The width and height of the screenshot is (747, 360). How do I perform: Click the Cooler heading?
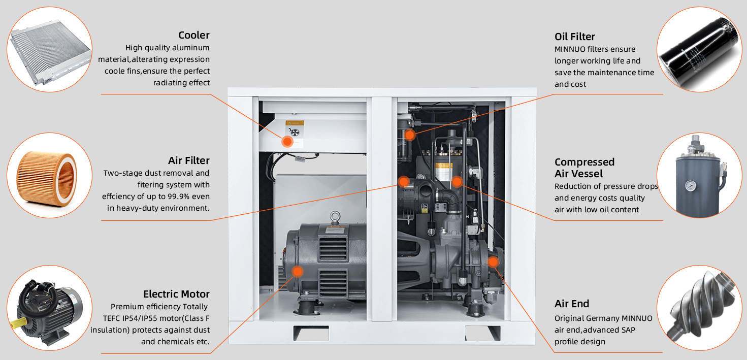(193, 35)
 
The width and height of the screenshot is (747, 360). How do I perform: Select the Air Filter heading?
(188, 160)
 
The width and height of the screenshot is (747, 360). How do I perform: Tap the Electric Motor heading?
(176, 294)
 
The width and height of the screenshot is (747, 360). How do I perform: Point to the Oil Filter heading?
(574, 37)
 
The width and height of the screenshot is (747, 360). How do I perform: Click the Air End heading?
(571, 304)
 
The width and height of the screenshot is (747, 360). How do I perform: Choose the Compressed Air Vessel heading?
(584, 168)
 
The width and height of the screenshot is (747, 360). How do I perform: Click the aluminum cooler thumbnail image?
(51, 51)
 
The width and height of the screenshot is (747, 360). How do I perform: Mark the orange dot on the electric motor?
(298, 272)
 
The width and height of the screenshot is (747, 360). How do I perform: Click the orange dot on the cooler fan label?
(287, 142)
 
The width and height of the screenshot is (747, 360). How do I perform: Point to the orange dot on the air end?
(492, 261)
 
